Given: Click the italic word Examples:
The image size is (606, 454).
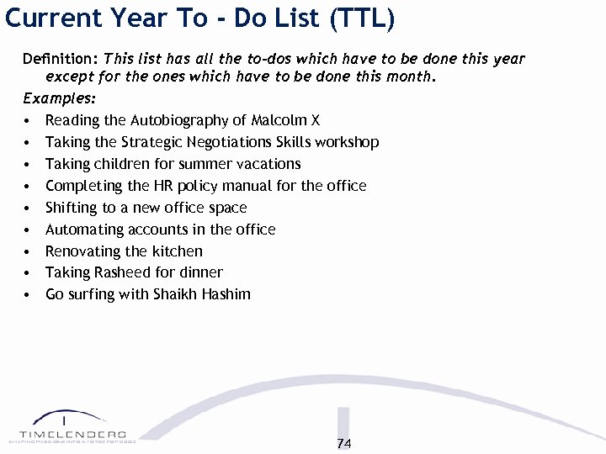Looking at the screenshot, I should tap(59, 98).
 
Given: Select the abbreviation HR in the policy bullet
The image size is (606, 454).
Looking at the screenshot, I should tap(178, 186).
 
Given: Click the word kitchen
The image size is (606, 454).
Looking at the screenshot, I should tap(177, 251).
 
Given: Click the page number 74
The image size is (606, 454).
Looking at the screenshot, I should tap(343, 444).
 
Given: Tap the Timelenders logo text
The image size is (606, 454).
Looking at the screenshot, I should tap(72, 433).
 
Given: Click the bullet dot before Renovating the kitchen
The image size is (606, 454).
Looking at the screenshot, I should tap(29, 251).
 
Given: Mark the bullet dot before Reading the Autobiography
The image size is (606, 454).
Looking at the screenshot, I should tap(29, 121).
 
